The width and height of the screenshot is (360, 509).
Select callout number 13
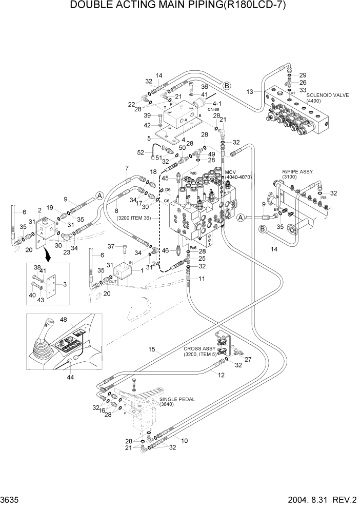click(x=250, y=92)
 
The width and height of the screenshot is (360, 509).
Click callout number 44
click(x=69, y=377)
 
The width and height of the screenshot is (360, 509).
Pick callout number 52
click(x=141, y=152)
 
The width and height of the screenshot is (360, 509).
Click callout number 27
click(x=248, y=359)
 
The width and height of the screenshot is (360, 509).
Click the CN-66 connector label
click(x=213, y=109)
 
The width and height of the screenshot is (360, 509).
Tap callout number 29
click(x=303, y=74)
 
